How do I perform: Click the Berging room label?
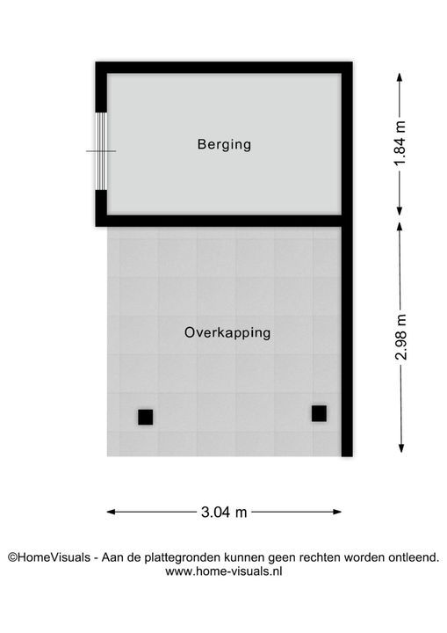(224, 144)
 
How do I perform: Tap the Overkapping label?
(227, 332)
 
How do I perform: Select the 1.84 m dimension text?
(400, 143)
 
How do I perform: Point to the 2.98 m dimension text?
(401, 337)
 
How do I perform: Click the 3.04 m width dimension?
(224, 513)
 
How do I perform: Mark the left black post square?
(145, 417)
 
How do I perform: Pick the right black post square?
(319, 414)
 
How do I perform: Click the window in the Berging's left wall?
(101, 150)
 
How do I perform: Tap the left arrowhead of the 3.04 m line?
(111, 512)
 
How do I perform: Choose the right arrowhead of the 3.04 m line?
(337, 512)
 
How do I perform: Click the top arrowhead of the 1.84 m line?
(400, 77)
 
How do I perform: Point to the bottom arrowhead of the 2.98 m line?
(401, 448)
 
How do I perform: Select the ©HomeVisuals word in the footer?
(49, 557)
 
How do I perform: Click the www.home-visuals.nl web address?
(223, 571)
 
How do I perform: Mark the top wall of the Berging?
(224, 68)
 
